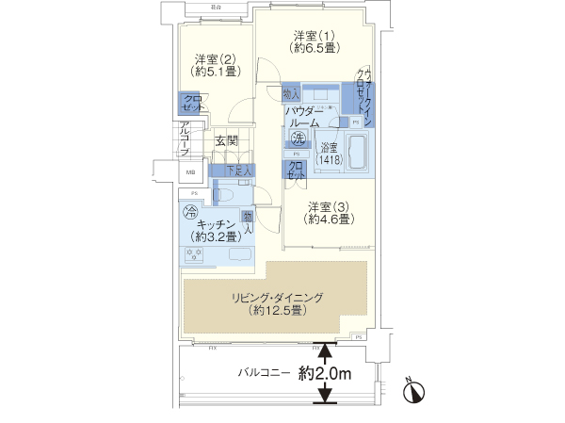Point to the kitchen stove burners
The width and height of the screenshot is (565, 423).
[196, 255]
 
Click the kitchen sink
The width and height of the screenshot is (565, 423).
[235, 255]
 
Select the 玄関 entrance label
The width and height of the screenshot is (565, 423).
[225, 142]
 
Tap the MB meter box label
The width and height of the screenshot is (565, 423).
[189, 172]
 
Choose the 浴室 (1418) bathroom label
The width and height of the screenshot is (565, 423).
[329, 154]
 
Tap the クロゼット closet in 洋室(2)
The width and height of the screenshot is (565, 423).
[192, 103]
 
